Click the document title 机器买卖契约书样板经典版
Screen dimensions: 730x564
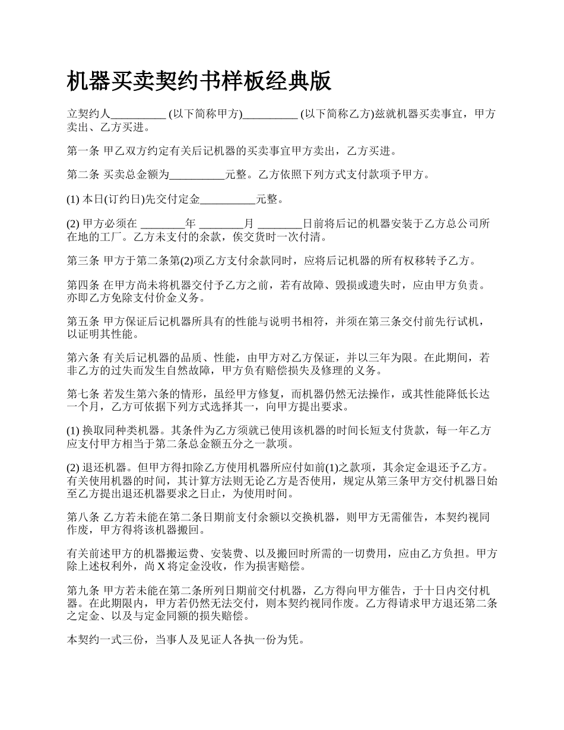coord(199,81)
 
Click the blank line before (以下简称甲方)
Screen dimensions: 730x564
coord(138,115)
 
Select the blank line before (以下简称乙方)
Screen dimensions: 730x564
coord(270,115)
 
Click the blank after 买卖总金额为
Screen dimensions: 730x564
coord(197,175)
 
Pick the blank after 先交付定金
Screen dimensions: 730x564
coord(228,199)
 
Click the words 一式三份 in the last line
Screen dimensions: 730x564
coord(130,640)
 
